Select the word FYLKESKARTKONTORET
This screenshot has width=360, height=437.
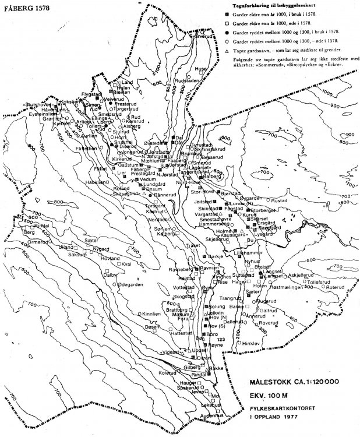click(x=287, y=407)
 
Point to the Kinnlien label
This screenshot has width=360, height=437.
click(x=151, y=313)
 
